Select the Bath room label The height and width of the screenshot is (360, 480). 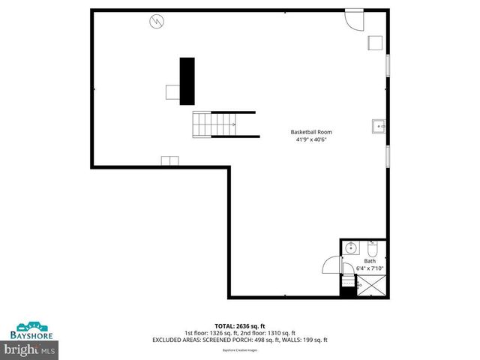[x=370, y=261]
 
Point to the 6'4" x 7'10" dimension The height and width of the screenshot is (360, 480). [x=370, y=268]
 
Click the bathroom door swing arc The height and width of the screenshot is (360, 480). [x=331, y=265]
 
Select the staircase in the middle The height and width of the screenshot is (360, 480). [x=214, y=124]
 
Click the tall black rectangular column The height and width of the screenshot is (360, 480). [x=187, y=80]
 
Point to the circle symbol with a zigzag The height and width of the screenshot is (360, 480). [x=157, y=21]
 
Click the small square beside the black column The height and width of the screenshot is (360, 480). [x=172, y=91]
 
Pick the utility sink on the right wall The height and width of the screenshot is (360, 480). [x=379, y=127]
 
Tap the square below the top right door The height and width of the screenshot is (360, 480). [x=375, y=43]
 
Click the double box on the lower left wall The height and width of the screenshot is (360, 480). [x=169, y=160]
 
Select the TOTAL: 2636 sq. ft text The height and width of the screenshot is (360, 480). [x=240, y=326]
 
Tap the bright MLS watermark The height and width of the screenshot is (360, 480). [x=30, y=349]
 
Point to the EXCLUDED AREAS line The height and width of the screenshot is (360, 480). [x=240, y=340]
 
